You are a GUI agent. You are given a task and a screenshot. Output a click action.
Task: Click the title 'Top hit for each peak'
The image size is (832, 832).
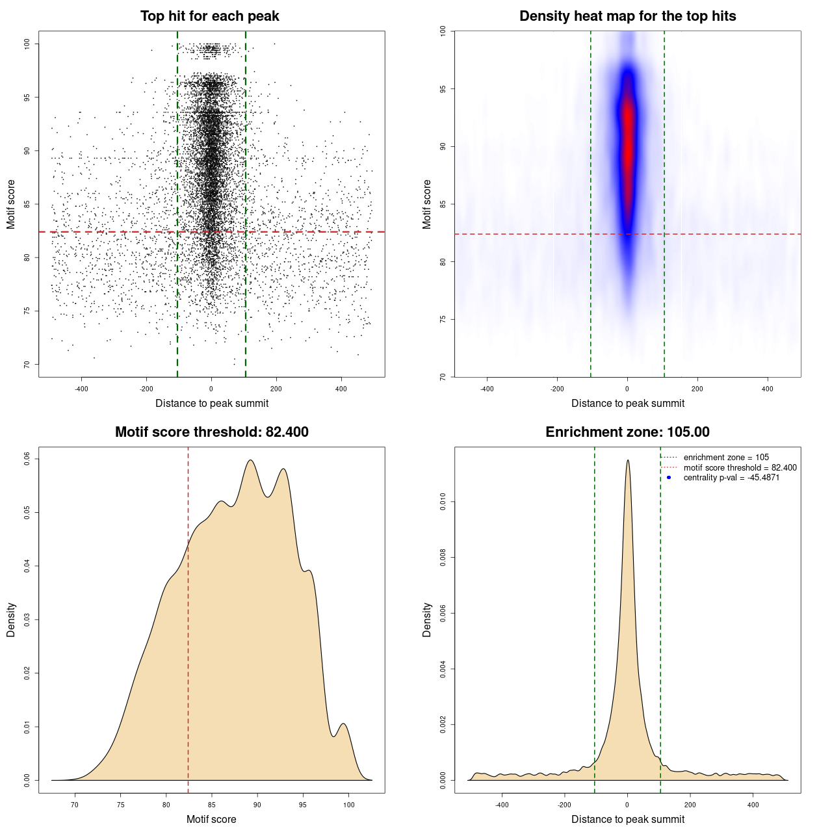pyautogui.click(x=209, y=16)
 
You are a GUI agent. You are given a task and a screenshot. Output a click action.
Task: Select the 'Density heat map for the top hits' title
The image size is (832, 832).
pyautogui.click(x=627, y=16)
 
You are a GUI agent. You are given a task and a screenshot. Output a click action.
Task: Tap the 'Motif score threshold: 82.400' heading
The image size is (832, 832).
pyautogui.click(x=211, y=432)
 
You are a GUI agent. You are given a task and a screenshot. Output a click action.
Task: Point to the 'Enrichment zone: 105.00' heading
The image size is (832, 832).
pyautogui.click(x=627, y=432)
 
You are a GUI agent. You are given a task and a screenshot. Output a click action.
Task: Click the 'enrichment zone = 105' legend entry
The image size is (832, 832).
pyautogui.click(x=726, y=458)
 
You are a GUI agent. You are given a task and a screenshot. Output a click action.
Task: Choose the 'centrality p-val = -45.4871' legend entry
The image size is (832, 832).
pyautogui.click(x=731, y=478)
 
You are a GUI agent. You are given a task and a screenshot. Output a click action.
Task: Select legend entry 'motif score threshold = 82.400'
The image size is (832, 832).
pyautogui.click(x=740, y=468)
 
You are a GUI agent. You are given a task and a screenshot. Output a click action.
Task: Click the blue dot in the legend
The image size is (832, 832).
pyautogui.click(x=669, y=478)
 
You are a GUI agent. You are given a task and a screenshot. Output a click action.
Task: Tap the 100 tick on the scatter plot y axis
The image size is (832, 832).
pyautogui.click(x=27, y=44)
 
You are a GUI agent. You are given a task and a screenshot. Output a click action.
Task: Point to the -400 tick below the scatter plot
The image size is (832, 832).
pyautogui.click(x=81, y=389)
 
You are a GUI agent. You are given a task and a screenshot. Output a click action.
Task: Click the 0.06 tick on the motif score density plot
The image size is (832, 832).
pyautogui.click(x=27, y=459)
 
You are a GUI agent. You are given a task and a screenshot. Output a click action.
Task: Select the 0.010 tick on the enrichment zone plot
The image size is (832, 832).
pyautogui.click(x=443, y=502)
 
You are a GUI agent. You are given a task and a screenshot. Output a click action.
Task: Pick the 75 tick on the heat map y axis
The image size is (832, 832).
pyautogui.click(x=443, y=319)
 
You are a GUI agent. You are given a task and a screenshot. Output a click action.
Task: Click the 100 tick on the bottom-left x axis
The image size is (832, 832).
pyautogui.click(x=349, y=805)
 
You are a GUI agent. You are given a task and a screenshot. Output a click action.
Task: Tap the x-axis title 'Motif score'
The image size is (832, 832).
pyautogui.click(x=211, y=820)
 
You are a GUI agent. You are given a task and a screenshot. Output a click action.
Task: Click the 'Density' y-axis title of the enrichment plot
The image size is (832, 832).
pyautogui.click(x=427, y=619)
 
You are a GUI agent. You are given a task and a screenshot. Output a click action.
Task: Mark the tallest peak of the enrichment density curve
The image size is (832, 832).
pyautogui.click(x=627, y=461)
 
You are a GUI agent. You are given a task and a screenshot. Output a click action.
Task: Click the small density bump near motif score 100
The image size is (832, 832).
pyautogui.click(x=344, y=724)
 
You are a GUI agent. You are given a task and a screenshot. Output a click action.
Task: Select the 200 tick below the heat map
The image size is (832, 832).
pyautogui.click(x=697, y=389)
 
